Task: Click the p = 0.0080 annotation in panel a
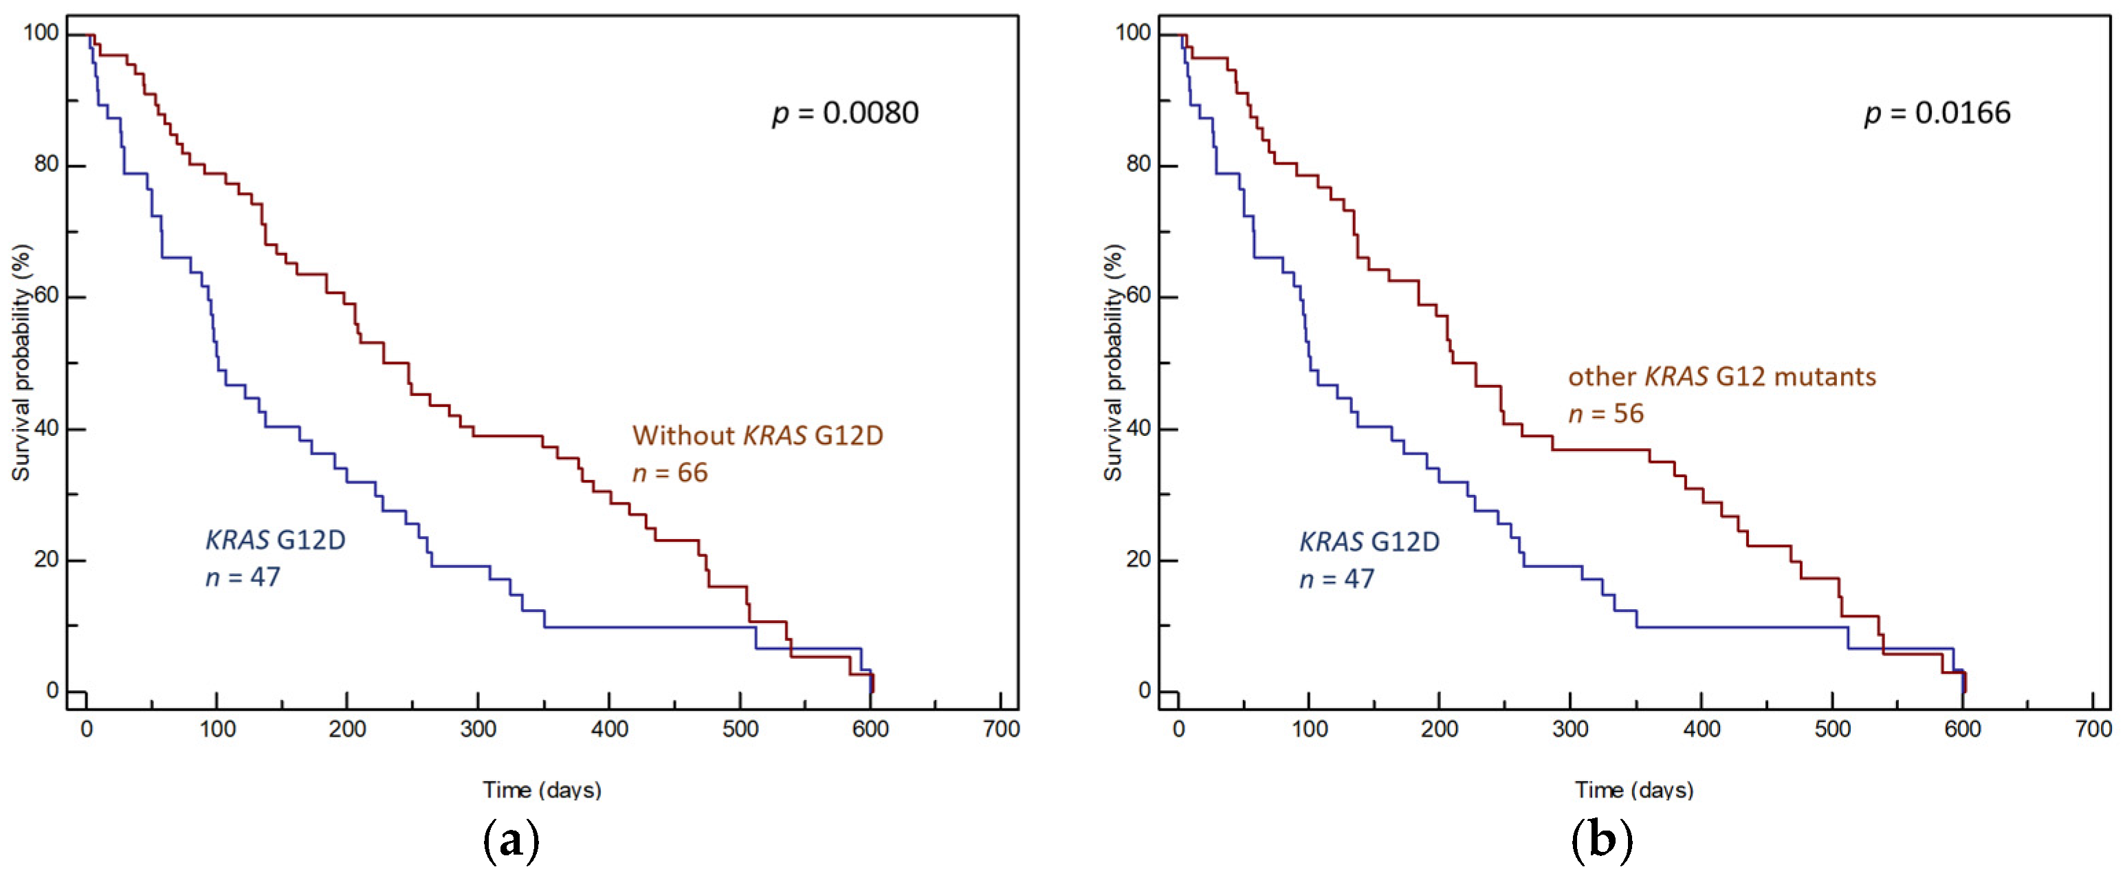[x=845, y=113]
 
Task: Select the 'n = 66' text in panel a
[x=670, y=473]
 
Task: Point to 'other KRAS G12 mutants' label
[x=1721, y=376]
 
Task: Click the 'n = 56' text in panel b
[x=1605, y=413]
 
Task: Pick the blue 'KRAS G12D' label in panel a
[x=276, y=540]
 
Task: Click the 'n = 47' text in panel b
[x=1336, y=580]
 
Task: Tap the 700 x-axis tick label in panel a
[x=1001, y=730]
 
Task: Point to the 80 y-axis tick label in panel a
[x=46, y=164]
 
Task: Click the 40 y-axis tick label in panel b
[x=1138, y=428]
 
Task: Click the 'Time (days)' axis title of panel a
[x=542, y=790]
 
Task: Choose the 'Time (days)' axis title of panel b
[x=1634, y=790]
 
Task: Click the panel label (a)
[x=511, y=842]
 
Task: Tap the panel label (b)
[x=1602, y=842]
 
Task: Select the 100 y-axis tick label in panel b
[x=1134, y=33]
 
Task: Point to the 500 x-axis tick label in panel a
[x=740, y=730]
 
